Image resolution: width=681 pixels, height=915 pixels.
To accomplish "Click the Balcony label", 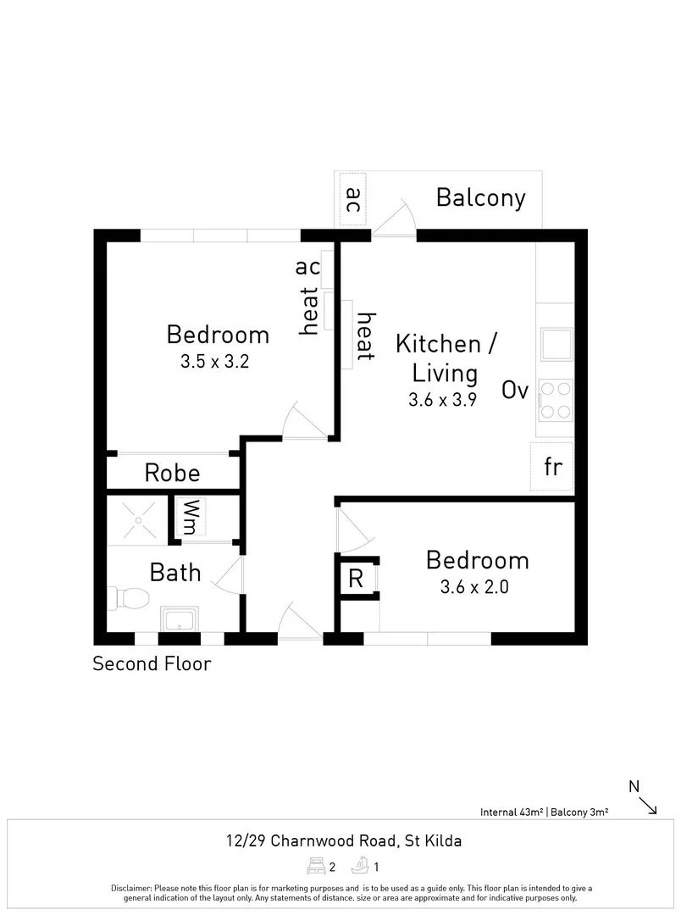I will tap(480, 197).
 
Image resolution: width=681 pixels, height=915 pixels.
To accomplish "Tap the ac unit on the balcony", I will tap(353, 200).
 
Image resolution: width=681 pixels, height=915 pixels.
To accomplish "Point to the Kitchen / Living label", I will tap(446, 358).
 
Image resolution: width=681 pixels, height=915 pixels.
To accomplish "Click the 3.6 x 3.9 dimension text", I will tap(442, 401).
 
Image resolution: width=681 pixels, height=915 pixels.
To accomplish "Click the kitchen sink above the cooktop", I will tap(556, 345).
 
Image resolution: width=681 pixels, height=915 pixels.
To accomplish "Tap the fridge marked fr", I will tap(552, 467).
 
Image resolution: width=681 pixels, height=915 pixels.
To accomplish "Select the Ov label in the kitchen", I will tap(515, 391).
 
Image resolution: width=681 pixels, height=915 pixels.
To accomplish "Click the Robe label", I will tap(172, 473).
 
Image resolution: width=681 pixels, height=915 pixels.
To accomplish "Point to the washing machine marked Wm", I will tap(191, 517).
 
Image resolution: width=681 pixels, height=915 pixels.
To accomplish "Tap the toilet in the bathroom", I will tap(125, 598).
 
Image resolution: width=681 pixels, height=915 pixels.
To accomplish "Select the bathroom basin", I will tap(180, 619).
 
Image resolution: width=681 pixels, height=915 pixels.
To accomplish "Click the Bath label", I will tap(175, 573).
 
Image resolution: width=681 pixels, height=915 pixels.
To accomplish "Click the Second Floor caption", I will tap(152, 663).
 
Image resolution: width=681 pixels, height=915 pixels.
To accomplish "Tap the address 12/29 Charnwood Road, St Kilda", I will tap(344, 841).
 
